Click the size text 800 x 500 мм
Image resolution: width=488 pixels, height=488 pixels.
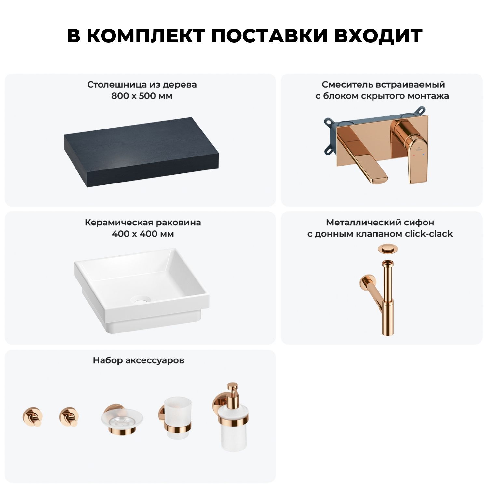point(142,96)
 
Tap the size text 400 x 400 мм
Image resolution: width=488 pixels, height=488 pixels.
point(142,234)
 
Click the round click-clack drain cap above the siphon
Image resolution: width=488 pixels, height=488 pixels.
point(386,250)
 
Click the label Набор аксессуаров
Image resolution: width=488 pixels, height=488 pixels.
point(138,360)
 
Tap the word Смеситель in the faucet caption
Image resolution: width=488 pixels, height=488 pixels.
point(347,85)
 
